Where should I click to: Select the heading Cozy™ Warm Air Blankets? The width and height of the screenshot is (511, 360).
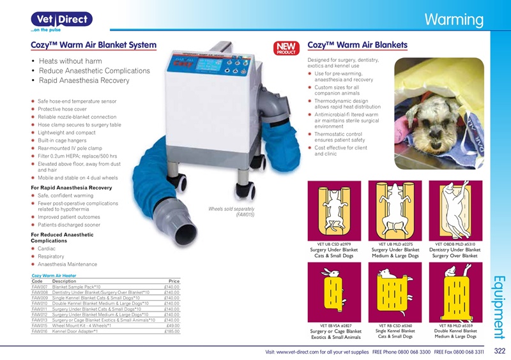click(x=357, y=45)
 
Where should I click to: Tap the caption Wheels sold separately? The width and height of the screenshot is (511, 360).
click(x=231, y=209)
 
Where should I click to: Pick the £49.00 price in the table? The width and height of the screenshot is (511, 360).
click(x=173, y=326)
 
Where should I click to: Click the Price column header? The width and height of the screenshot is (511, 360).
click(x=173, y=281)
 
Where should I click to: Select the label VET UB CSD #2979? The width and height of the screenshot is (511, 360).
click(x=335, y=244)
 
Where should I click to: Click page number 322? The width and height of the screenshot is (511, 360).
click(x=500, y=351)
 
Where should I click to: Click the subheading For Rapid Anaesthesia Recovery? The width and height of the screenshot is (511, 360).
click(x=72, y=188)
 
